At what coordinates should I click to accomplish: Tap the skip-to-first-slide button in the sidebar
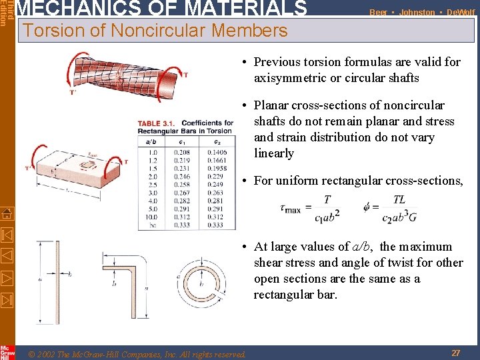point(7,235)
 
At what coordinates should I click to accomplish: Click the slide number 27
point(456,353)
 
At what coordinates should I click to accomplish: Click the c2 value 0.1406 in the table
point(215,152)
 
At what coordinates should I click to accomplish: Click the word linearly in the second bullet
point(273,153)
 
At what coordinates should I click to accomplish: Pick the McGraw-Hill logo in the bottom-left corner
point(7,351)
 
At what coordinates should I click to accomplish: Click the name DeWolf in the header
point(461,12)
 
